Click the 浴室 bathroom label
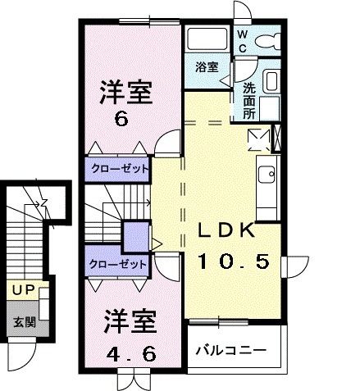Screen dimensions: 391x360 tap(207, 67)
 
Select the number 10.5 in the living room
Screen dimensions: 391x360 tap(232, 261)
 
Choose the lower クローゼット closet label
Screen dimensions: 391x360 tap(119, 264)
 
